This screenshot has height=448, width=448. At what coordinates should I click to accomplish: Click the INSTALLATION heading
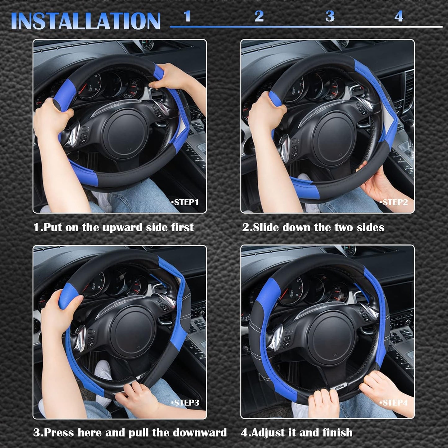(x=85, y=21)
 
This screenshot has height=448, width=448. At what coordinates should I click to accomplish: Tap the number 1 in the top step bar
(x=187, y=16)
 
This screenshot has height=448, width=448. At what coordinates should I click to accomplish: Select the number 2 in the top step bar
(x=259, y=16)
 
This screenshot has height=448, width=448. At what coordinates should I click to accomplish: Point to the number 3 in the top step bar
(x=330, y=16)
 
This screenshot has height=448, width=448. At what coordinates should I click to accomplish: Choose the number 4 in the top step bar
(x=399, y=16)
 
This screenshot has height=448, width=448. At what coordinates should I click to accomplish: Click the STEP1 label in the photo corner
(x=185, y=202)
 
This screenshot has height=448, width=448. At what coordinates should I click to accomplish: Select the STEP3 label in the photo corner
(x=185, y=402)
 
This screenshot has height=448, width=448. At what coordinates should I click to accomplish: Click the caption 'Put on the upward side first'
(x=113, y=227)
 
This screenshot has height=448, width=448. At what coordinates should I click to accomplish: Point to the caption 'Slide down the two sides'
(x=313, y=227)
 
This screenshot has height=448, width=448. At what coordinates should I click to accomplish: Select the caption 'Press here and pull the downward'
(x=130, y=432)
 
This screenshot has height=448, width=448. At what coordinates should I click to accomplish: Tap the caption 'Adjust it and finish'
(x=297, y=432)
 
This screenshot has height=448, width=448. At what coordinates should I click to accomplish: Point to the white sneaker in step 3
(x=104, y=370)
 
